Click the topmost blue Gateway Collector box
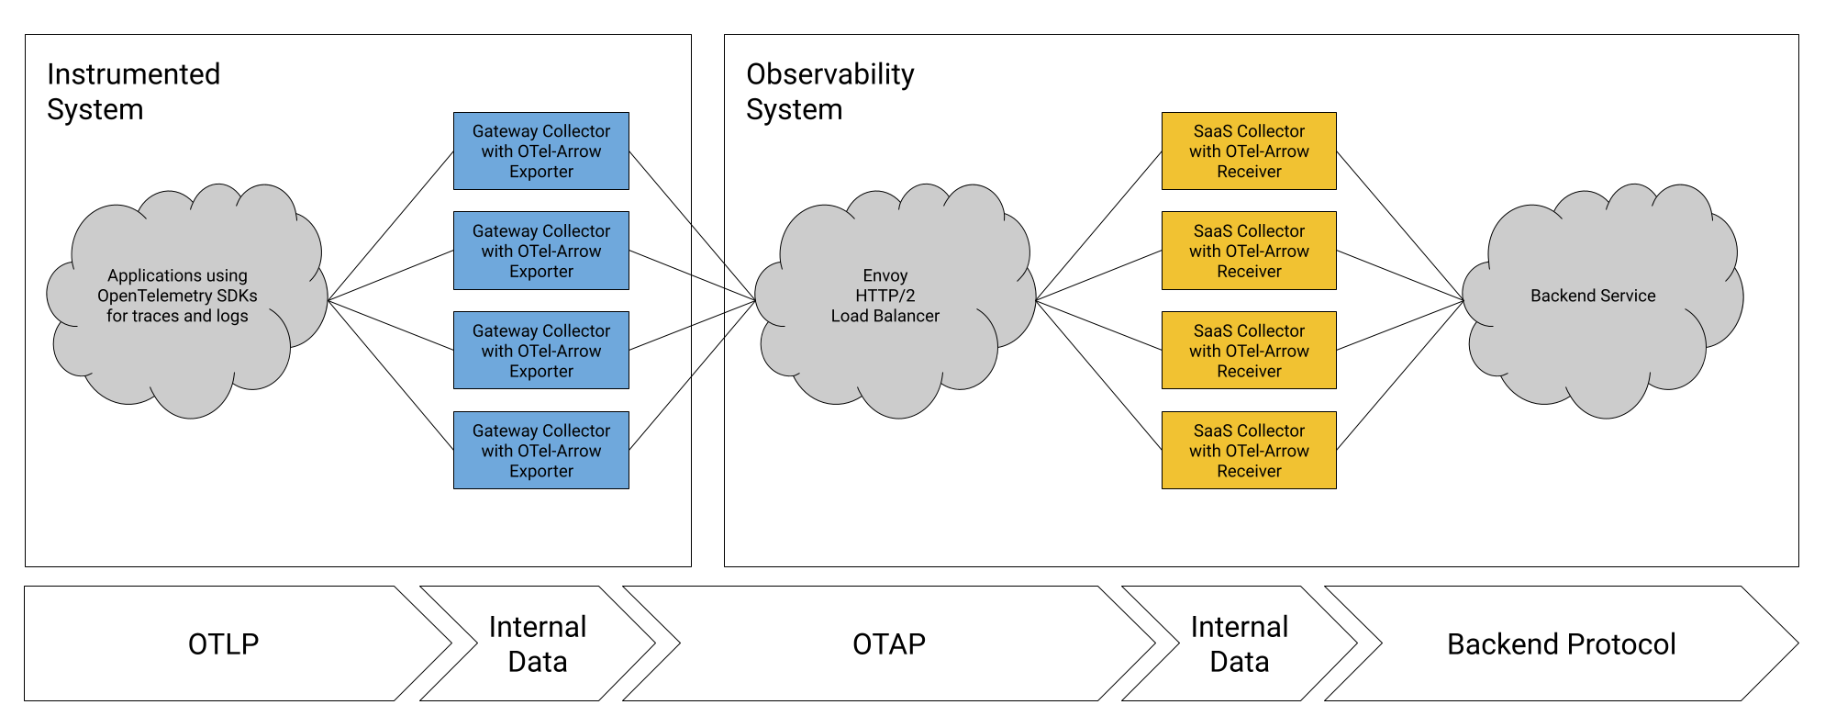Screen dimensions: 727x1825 pyautogui.click(x=540, y=151)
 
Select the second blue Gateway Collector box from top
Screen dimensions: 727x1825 pyautogui.click(x=540, y=251)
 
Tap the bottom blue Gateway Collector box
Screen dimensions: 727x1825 pyautogui.click(x=540, y=450)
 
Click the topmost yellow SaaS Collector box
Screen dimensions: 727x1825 pyautogui.click(x=1249, y=151)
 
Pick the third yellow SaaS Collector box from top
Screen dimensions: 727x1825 pyautogui.click(x=1249, y=351)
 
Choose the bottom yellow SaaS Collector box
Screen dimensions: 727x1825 pyautogui.click(x=1249, y=450)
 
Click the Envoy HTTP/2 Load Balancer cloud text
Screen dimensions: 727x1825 pyautogui.click(x=885, y=296)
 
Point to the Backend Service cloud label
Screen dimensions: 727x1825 pyautogui.click(x=1593, y=296)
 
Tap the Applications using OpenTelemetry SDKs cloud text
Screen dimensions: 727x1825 pyautogui.click(x=177, y=296)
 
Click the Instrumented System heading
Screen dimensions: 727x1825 pyautogui.click(x=134, y=92)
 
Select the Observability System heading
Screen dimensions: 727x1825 pyautogui.click(x=830, y=92)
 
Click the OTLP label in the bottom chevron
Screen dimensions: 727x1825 pyautogui.click(x=223, y=644)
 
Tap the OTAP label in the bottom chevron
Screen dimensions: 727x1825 pyautogui.click(x=888, y=644)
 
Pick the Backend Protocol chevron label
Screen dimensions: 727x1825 pyautogui.click(x=1561, y=644)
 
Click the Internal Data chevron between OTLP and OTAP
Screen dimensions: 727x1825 pyautogui.click(x=538, y=644)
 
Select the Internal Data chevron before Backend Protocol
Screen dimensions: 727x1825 pyautogui.click(x=1239, y=644)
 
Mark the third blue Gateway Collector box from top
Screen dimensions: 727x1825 pyautogui.click(x=540, y=351)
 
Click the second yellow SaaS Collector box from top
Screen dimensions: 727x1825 pyautogui.click(x=1249, y=251)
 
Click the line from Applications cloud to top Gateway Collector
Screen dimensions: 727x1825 pyautogui.click(x=391, y=226)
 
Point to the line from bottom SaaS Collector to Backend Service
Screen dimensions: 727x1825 pyautogui.click(x=1400, y=375)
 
